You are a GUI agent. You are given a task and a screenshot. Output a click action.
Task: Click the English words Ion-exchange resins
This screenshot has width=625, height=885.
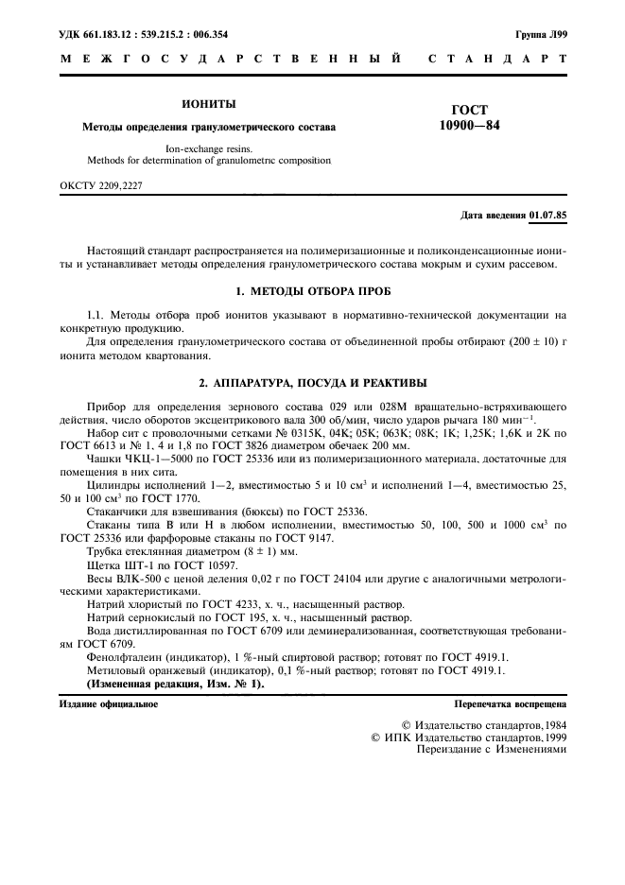(x=209, y=147)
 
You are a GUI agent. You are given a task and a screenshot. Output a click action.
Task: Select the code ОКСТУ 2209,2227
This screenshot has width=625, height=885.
(x=100, y=186)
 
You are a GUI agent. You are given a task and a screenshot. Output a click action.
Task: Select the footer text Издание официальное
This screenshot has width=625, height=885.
(x=109, y=704)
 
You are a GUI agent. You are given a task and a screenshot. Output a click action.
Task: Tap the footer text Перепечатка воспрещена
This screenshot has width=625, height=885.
(x=511, y=704)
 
